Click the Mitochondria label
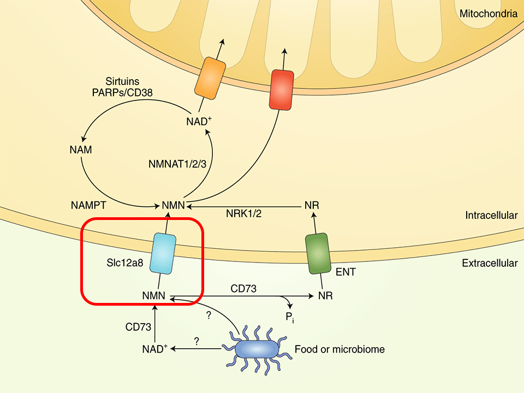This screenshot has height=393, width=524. [488, 14]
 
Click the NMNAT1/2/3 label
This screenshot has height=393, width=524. [177, 163]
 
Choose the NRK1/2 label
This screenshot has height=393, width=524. [243, 213]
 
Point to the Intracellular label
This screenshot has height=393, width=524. [491, 215]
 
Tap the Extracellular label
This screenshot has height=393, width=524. [490, 263]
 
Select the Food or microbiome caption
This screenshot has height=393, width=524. [340, 349]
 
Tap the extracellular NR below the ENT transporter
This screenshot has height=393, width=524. [325, 296]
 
